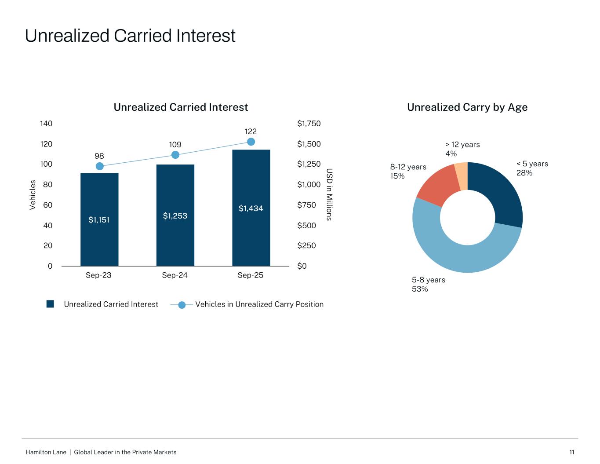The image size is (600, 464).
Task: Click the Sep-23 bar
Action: click(99, 219)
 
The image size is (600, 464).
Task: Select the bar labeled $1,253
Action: click(175, 216)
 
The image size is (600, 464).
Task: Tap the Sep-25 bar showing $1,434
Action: click(251, 208)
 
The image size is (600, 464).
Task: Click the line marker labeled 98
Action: click(100, 166)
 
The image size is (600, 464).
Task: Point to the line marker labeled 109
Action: click(175, 155)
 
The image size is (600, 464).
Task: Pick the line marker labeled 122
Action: click(251, 142)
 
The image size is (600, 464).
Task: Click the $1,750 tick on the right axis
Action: click(309, 124)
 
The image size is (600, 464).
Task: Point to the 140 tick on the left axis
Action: click(46, 124)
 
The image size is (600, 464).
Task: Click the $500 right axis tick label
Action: click(306, 225)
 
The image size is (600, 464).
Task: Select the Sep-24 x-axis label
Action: click(175, 275)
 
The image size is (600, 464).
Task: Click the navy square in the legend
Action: click(50, 304)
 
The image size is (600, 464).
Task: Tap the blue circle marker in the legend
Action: click(182, 305)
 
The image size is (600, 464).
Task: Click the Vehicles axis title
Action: click(33, 195)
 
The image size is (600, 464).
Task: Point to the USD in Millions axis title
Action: click(329, 194)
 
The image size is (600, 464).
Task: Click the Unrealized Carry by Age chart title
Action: click(467, 107)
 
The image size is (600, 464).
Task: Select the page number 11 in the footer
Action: click(572, 452)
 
